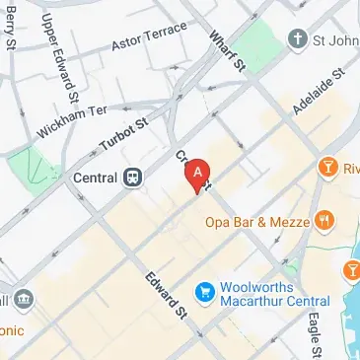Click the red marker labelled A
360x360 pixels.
(x=198, y=174)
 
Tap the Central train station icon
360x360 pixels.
(x=132, y=179)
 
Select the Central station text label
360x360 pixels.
(x=95, y=180)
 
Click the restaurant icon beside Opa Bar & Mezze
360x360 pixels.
(x=323, y=221)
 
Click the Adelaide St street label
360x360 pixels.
(x=320, y=90)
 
